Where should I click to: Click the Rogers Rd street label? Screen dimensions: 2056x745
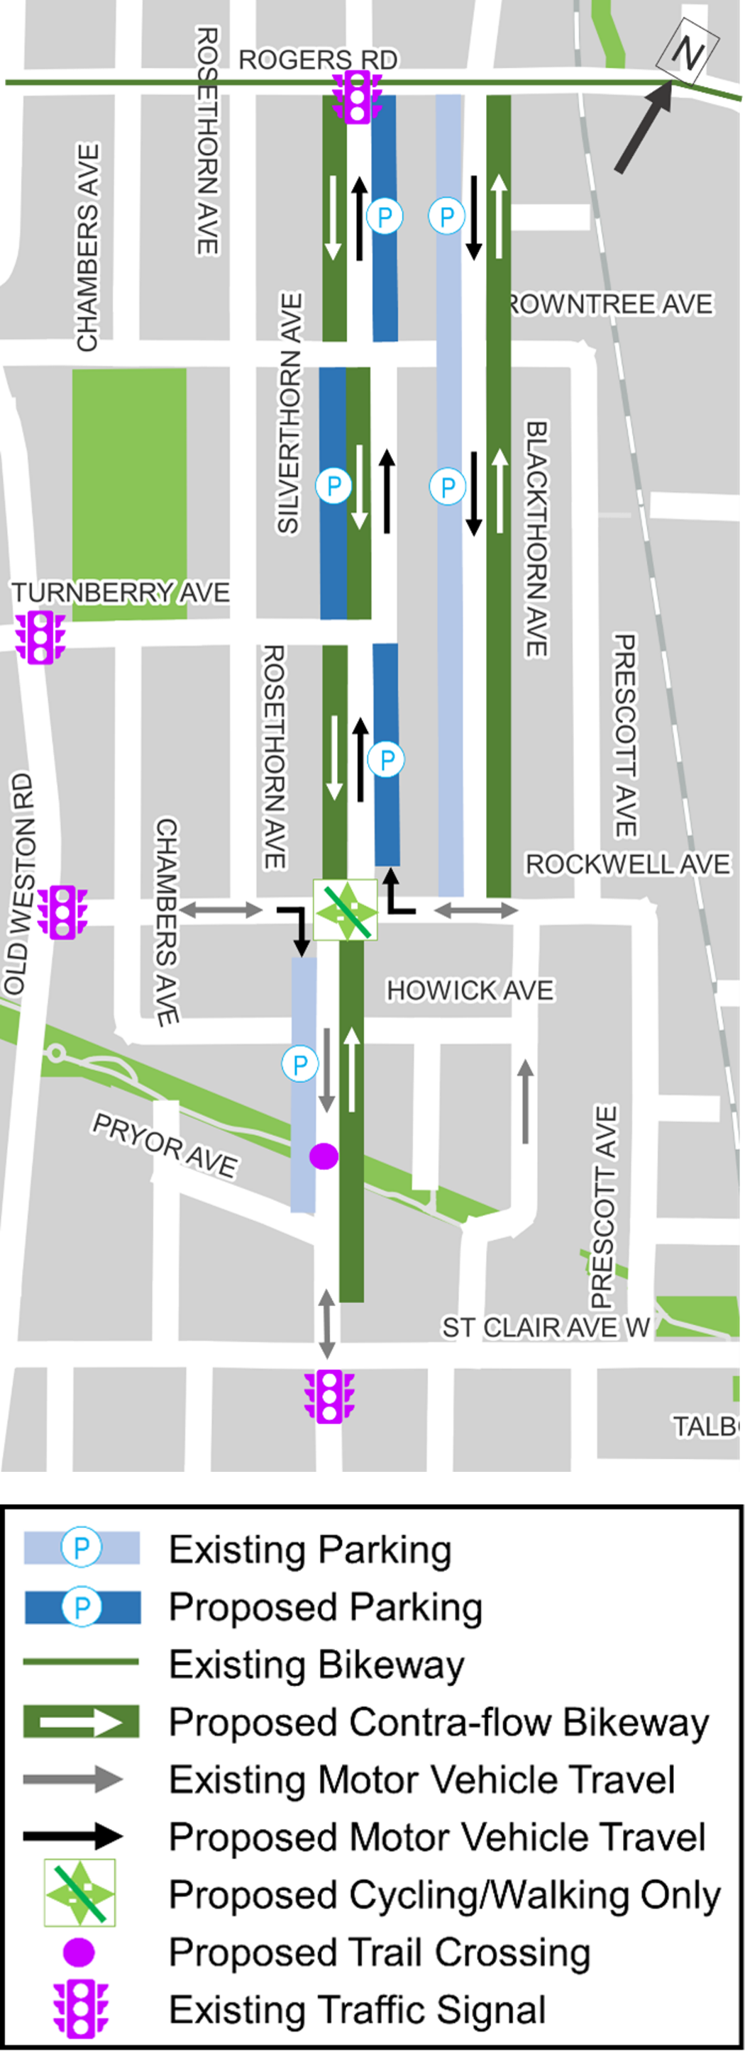318,60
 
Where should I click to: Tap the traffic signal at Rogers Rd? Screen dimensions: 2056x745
357,97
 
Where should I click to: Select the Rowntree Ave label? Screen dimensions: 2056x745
611,304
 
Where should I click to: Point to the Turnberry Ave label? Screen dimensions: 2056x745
120,592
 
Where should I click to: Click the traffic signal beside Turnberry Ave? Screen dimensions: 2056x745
40,637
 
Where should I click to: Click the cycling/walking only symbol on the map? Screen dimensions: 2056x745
345,910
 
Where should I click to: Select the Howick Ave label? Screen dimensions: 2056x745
470,990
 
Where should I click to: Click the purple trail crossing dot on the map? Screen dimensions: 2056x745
324,1156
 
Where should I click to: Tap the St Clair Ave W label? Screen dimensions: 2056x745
546,1327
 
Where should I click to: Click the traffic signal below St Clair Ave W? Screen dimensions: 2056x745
329,1397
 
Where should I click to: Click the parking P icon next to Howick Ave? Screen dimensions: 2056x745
300,1064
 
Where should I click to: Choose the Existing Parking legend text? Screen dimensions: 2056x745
310,1549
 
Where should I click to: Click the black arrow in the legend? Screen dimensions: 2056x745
72,1836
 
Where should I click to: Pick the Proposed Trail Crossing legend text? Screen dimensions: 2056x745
380,1952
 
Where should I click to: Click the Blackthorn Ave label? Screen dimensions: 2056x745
536,539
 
